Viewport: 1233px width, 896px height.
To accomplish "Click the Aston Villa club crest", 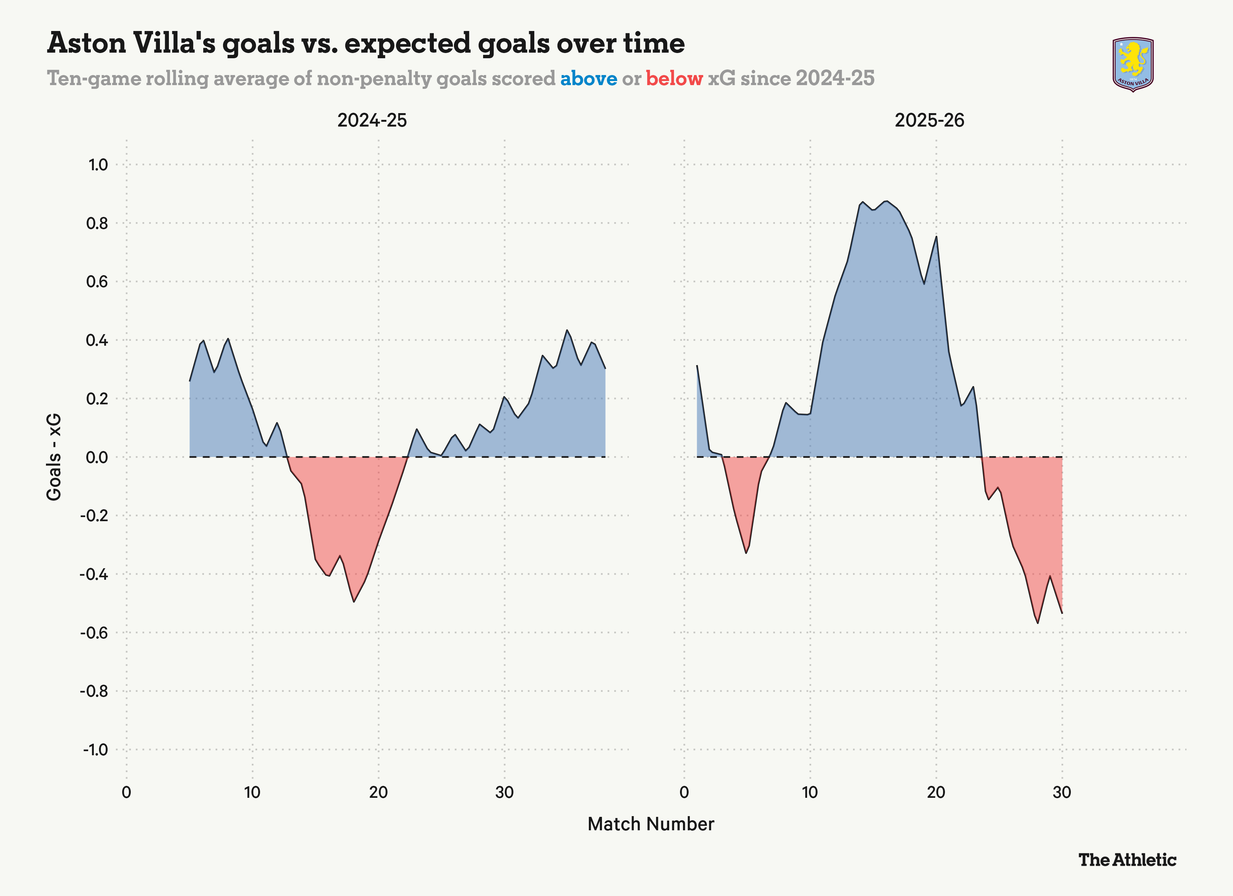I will (1133, 65).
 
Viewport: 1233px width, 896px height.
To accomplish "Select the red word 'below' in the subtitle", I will (674, 79).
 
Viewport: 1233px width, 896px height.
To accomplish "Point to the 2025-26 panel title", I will (929, 120).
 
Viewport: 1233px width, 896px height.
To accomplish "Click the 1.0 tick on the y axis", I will (98, 165).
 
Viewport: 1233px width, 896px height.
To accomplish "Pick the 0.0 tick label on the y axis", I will (97, 457).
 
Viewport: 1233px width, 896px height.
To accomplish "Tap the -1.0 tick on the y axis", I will (95, 750).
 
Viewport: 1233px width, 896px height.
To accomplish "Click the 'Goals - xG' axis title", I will (54, 457).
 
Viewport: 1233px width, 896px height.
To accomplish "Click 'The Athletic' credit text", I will (1127, 859).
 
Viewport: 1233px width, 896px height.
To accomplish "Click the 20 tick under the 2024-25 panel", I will (378, 792).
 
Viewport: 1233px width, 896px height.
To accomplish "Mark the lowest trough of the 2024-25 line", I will (354, 601).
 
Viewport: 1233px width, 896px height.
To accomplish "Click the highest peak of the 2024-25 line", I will (567, 330).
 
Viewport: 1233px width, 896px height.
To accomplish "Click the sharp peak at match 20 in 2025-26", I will (936, 236).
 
